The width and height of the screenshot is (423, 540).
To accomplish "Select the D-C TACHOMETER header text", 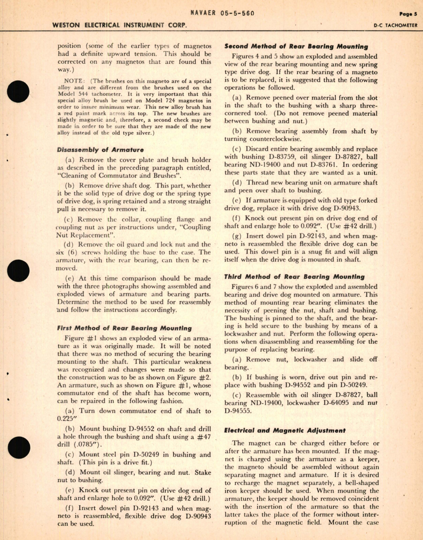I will (395, 25).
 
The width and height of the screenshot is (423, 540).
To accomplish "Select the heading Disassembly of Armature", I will (100, 149).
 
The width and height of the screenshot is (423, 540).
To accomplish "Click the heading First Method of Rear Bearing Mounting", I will (124, 328).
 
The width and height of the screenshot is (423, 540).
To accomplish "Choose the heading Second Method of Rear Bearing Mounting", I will (296, 46).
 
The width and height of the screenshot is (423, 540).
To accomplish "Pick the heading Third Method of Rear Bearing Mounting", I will (294, 277).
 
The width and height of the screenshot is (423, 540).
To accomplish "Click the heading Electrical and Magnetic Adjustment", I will (285, 430).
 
